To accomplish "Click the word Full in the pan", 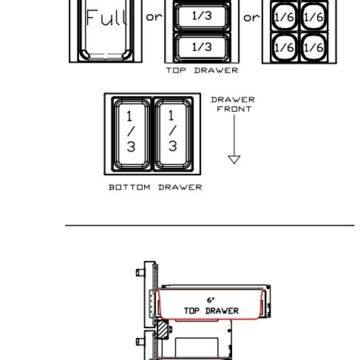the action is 106,18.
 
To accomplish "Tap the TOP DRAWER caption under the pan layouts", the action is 202,70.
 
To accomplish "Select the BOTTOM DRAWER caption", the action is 155,187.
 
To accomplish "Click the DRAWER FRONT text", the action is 233,104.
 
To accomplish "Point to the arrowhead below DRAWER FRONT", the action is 234,160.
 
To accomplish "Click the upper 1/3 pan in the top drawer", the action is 202,16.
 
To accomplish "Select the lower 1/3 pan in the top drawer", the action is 202,47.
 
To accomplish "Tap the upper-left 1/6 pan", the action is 284,16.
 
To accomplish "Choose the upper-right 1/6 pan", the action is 314,16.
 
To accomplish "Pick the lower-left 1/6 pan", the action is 284,47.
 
